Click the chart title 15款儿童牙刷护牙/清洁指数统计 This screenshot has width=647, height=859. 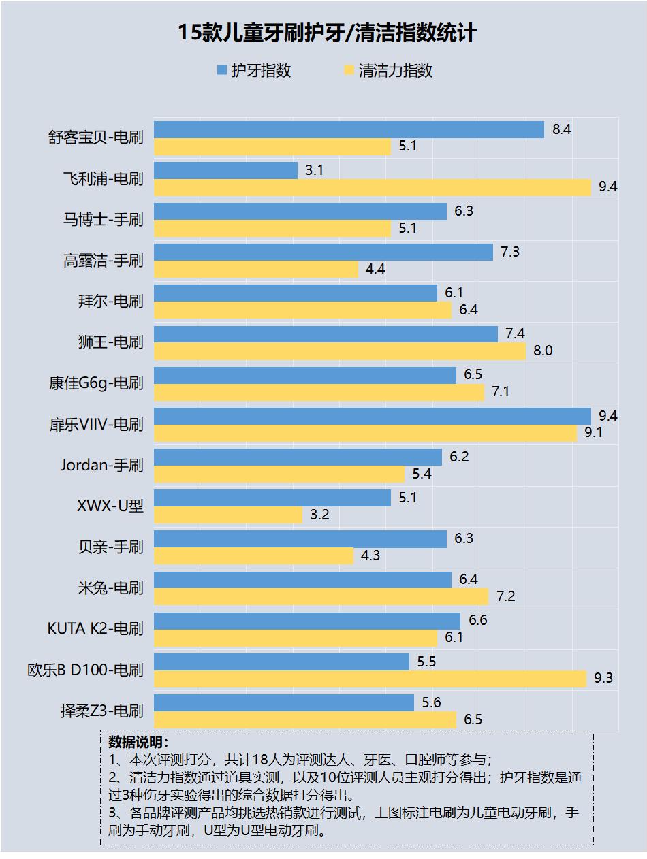(x=327, y=33)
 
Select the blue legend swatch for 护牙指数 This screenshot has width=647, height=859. (x=222, y=70)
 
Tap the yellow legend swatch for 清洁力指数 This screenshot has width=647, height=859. (x=349, y=70)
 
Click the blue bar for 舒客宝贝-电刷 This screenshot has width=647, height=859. (x=349, y=129)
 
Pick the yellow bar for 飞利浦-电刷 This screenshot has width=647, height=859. (x=372, y=187)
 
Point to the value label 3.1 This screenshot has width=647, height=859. (x=314, y=170)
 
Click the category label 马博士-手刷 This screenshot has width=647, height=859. (x=104, y=219)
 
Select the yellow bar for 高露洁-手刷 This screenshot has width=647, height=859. (x=255, y=270)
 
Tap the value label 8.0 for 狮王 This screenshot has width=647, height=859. (x=543, y=351)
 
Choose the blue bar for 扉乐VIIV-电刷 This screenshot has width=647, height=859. (x=372, y=416)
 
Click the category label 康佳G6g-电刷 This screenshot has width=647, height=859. (x=96, y=383)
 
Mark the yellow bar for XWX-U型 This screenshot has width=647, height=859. (x=227, y=515)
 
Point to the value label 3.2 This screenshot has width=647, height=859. (x=319, y=515)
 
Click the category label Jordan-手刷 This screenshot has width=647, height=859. (x=101, y=465)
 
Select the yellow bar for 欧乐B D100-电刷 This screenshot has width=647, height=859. (x=370, y=679)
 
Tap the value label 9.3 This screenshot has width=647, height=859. (x=603, y=678)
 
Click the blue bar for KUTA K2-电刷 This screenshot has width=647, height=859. (x=306, y=621)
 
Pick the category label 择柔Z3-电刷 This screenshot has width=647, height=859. (x=102, y=711)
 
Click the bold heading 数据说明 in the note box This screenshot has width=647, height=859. (x=138, y=742)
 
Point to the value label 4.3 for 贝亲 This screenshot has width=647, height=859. (x=370, y=556)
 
